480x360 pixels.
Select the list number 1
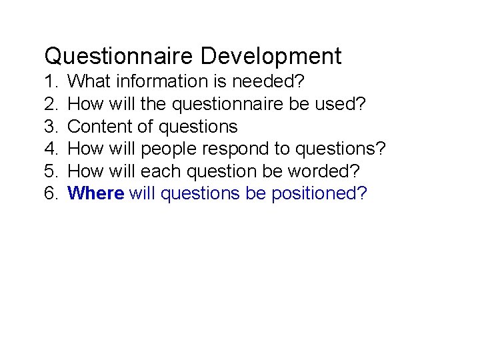tap(50, 82)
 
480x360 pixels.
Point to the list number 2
tap(50, 104)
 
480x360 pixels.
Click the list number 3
tap(50, 127)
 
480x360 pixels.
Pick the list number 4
tap(50, 149)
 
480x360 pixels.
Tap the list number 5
tap(50, 171)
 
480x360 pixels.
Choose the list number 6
tap(50, 193)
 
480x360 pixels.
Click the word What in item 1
tap(89, 82)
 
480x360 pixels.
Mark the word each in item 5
tap(162, 171)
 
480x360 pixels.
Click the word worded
tap(324, 171)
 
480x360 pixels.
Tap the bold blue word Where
tap(96, 193)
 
